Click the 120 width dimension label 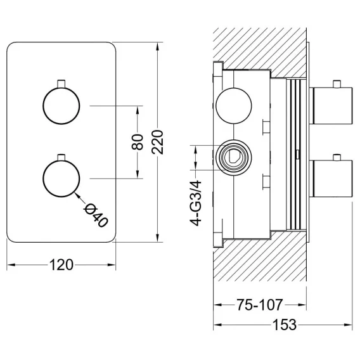61,265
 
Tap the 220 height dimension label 157,142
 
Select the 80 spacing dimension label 138,142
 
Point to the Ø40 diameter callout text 96,216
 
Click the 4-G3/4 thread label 195,203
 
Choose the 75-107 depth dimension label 260,305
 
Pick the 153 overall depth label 285,325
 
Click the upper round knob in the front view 61,106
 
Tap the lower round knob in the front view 61,179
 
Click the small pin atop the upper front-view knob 61,84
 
